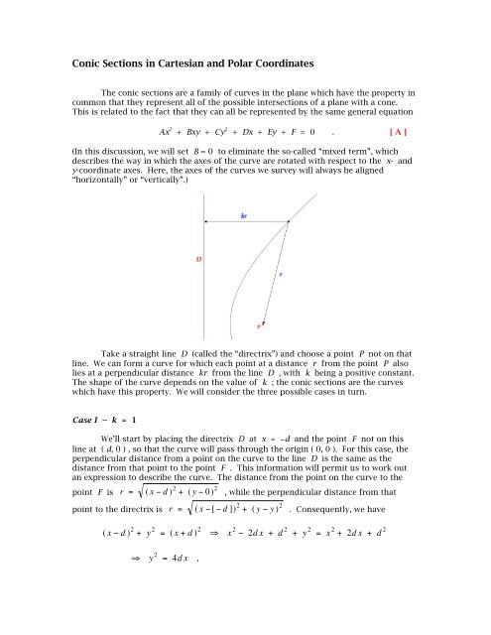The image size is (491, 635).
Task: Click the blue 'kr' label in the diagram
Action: pyautogui.click(x=244, y=215)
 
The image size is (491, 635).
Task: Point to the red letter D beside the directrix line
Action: pyautogui.click(x=198, y=260)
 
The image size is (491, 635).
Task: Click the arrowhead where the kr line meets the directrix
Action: pyautogui.click(x=204, y=222)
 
